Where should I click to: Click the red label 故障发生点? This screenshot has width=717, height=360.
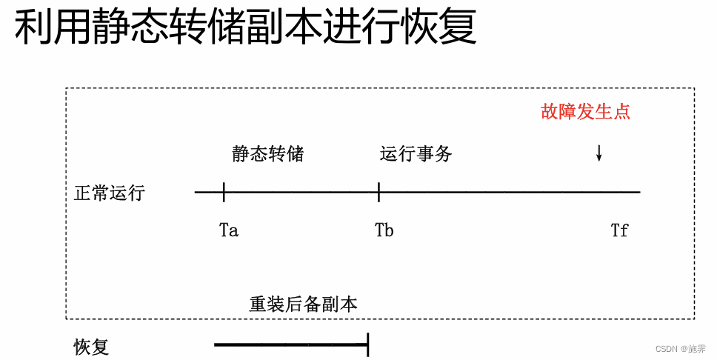point(585,112)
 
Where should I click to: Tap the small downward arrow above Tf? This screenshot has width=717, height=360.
point(598,153)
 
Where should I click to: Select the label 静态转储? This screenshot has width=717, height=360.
point(267,154)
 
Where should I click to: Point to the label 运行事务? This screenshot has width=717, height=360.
point(416,154)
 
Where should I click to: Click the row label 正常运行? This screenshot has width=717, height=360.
point(110,193)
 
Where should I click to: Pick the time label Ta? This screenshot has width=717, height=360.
point(229,230)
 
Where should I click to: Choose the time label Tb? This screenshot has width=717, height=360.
point(384,230)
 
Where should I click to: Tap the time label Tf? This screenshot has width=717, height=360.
point(619,230)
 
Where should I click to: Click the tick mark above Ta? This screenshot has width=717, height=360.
point(224,193)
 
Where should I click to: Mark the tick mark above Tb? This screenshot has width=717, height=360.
point(378,193)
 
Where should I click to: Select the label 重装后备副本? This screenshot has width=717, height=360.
point(303,304)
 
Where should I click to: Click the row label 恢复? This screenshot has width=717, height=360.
point(91,347)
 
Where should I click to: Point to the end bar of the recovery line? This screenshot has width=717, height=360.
point(367,344)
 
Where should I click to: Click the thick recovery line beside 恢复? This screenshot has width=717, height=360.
point(289,344)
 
